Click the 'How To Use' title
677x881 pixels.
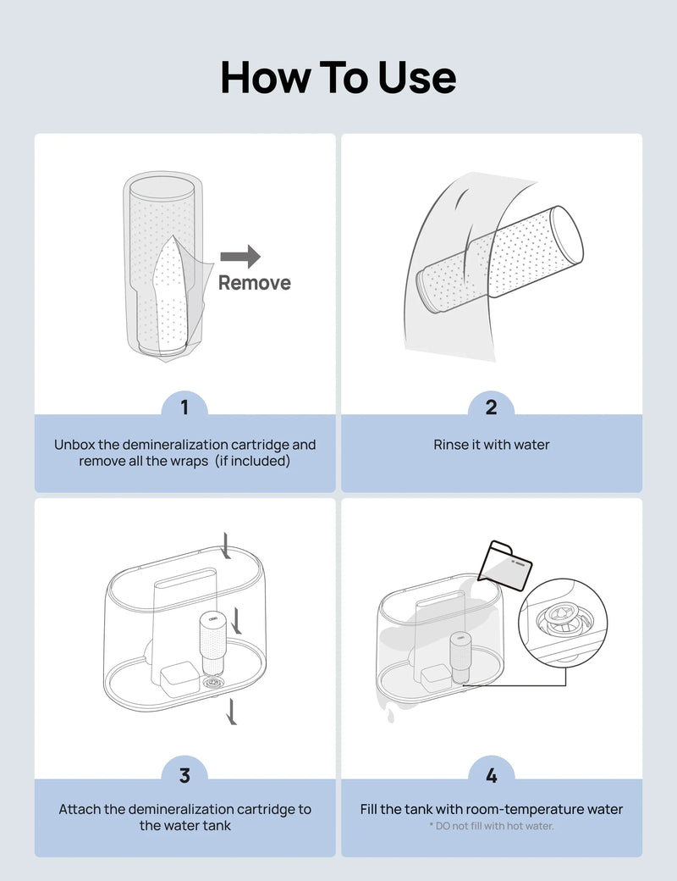click(338, 77)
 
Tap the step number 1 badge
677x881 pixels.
click(184, 407)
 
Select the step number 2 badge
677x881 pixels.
click(491, 407)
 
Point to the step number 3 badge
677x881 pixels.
click(184, 775)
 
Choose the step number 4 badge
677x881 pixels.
click(491, 775)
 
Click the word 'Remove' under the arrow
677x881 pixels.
click(254, 283)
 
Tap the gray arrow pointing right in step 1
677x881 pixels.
click(240, 257)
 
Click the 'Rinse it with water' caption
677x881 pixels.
click(491, 445)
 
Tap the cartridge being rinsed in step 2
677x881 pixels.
click(499, 258)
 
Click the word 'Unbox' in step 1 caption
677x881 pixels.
click(77, 445)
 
